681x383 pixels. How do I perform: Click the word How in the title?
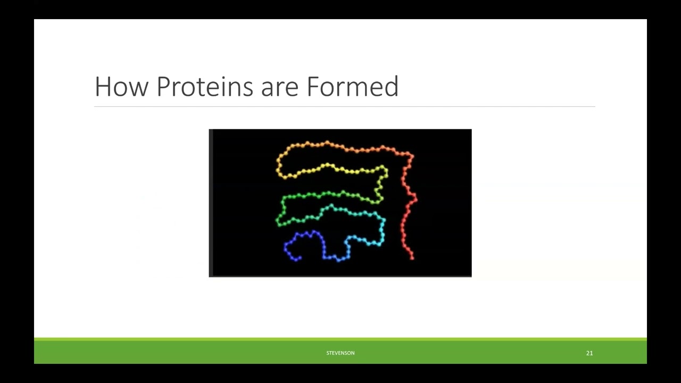pyautogui.click(x=121, y=86)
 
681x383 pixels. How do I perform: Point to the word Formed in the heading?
pyautogui.click(x=352, y=86)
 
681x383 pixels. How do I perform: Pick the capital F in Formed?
pyautogui.click(x=313, y=86)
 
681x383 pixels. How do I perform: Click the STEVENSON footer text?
pyautogui.click(x=340, y=353)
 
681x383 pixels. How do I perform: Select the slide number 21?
pyautogui.click(x=589, y=353)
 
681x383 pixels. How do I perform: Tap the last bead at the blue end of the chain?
pyautogui.click(x=300, y=258)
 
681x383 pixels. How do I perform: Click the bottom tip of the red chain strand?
pyautogui.click(x=412, y=258)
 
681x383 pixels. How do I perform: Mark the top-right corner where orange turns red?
pyautogui.click(x=410, y=155)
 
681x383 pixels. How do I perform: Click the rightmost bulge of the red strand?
pyautogui.click(x=415, y=199)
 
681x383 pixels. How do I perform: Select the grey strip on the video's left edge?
pyautogui.click(x=211, y=203)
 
